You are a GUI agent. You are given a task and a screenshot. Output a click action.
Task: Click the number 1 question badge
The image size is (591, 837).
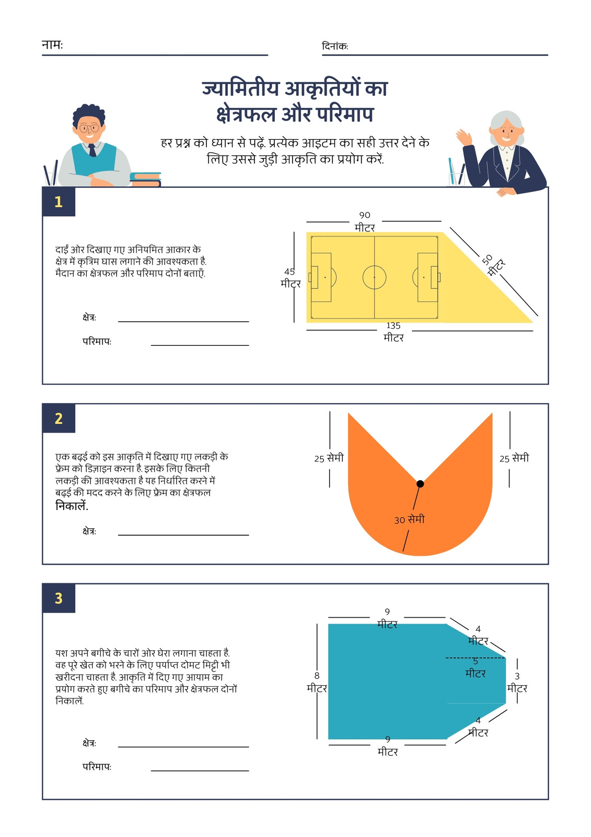point(59,202)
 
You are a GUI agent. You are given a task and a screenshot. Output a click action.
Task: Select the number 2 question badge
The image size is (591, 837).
point(59,418)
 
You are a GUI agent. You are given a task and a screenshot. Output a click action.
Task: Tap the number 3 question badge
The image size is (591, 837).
point(59,598)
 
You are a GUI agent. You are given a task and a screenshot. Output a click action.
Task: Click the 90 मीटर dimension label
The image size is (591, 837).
point(365,221)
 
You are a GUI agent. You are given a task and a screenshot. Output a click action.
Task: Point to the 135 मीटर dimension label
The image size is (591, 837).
point(393,332)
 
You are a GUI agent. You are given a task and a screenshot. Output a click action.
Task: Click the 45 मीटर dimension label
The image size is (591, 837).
point(291,278)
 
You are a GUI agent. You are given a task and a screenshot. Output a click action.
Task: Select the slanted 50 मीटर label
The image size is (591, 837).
point(494,264)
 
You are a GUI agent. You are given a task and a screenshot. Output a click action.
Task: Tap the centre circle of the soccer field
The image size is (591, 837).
point(374,277)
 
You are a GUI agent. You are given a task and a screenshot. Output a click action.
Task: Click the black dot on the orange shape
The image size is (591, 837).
point(420,484)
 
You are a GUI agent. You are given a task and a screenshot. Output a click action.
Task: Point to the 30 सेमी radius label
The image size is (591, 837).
point(409,519)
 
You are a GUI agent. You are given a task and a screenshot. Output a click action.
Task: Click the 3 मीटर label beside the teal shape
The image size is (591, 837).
point(517,682)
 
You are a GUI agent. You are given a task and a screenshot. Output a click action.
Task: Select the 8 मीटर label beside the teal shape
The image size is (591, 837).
point(317,682)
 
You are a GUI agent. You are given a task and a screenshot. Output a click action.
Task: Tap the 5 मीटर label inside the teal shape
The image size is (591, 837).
point(476,668)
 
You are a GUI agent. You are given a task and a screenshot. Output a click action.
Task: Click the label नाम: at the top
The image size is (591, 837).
point(52,45)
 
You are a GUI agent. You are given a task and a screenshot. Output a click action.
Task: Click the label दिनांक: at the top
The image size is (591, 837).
point(335,46)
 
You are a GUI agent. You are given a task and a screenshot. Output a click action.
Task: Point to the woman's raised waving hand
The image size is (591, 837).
point(464,137)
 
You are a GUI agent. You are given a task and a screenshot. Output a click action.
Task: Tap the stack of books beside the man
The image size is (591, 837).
point(145,179)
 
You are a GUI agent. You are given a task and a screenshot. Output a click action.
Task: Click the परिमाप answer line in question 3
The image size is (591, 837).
point(200,771)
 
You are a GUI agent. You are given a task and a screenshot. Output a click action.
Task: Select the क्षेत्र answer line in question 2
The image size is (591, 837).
point(183,535)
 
